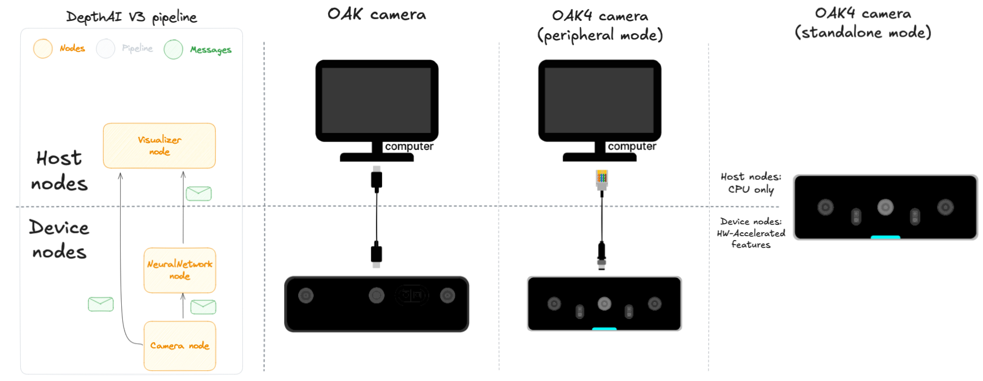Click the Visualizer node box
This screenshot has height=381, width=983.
(159, 145)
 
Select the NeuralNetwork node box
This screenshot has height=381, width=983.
(180, 270)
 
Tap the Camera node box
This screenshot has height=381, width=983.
(180, 345)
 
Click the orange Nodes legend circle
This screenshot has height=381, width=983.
(43, 48)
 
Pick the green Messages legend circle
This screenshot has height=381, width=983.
(173, 50)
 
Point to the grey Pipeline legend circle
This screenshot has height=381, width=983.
(105, 48)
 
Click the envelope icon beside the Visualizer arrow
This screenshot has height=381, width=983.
(198, 193)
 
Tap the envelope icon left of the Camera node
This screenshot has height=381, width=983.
(101, 304)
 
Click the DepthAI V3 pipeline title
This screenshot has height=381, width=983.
(131, 17)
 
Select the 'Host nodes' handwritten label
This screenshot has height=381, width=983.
(59, 170)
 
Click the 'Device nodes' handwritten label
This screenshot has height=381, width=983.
(59, 240)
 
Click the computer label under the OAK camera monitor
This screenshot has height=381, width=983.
(409, 147)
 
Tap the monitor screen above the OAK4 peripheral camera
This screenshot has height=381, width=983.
(599, 100)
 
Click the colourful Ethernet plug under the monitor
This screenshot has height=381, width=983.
(602, 179)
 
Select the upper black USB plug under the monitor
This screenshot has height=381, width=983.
(377, 179)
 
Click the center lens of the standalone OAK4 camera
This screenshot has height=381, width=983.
(885, 207)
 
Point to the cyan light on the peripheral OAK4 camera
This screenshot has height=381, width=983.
(604, 329)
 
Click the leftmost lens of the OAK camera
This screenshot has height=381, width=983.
(306, 295)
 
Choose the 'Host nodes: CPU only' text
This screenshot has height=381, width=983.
(751, 183)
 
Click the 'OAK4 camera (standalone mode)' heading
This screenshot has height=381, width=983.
(863, 23)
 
